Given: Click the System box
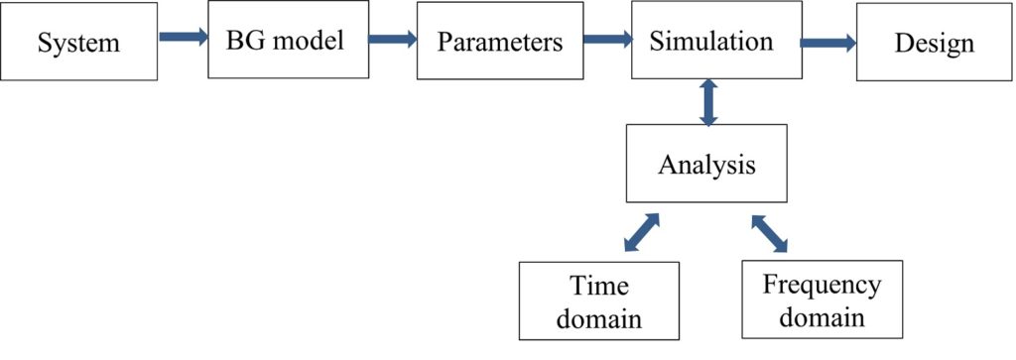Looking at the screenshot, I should pyautogui.click(x=78, y=43).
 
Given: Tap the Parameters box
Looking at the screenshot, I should pyautogui.click(x=500, y=43).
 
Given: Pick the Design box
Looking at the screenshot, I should pyautogui.click(x=934, y=43).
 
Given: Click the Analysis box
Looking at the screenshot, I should pyautogui.click(x=706, y=164).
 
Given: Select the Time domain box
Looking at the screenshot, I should pyautogui.click(x=598, y=301).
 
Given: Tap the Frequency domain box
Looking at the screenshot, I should pyautogui.click(x=823, y=300).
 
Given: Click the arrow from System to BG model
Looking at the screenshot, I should pyautogui.click(x=183, y=39).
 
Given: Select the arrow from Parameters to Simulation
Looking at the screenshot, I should pyautogui.click(x=607, y=41).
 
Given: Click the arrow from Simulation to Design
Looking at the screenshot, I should pyautogui.click(x=827, y=43).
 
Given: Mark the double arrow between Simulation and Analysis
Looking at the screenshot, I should pyautogui.click(x=707, y=103).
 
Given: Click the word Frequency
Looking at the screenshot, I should pyautogui.click(x=822, y=286).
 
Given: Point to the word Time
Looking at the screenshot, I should pyautogui.click(x=599, y=287).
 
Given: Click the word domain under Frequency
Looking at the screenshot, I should pyautogui.click(x=822, y=317).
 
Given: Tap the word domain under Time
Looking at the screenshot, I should pyautogui.click(x=598, y=319).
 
